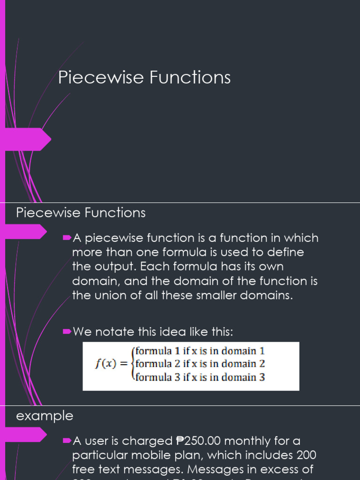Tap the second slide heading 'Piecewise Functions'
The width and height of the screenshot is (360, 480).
point(81,213)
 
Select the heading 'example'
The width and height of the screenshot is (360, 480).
point(45,416)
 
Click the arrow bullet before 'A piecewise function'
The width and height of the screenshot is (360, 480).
point(66,238)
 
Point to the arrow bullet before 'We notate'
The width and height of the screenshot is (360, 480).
point(66,332)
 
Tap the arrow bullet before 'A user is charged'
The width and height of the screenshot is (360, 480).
point(66,440)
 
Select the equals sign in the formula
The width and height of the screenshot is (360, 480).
point(126,364)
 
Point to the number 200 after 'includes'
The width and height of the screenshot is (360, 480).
point(306,455)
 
